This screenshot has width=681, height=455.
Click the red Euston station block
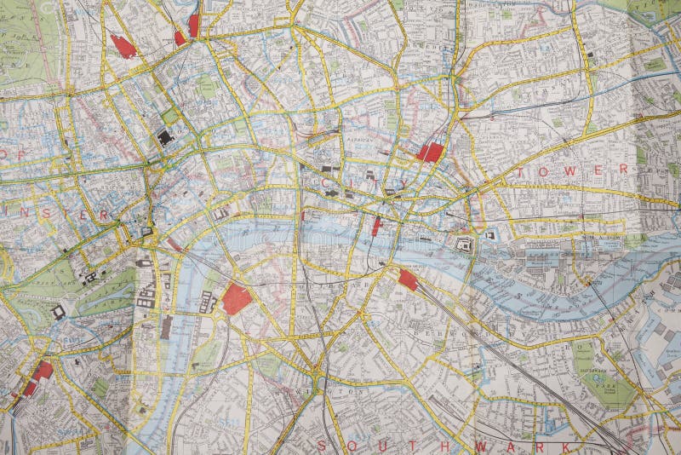point(123,46)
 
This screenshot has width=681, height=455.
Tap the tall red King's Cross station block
point(193,26)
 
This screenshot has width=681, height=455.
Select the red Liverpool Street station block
point(431,153)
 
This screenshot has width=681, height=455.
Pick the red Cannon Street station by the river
point(376,226)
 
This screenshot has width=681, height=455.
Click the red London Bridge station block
point(408,279)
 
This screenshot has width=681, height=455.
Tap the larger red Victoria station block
point(42,371)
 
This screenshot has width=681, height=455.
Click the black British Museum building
point(165,136)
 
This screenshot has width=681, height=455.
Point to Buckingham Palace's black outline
point(58,312)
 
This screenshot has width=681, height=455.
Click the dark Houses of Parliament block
point(146,296)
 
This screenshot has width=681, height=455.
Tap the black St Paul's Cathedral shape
point(330,193)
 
